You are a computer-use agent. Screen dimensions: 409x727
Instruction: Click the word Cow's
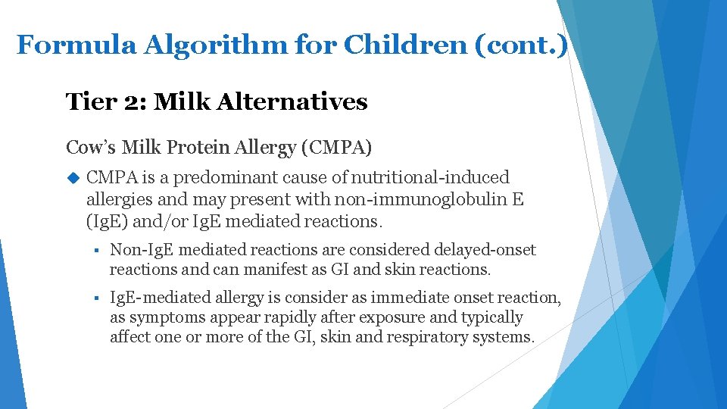[88, 147]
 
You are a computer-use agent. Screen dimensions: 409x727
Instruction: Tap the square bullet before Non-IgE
[97, 251]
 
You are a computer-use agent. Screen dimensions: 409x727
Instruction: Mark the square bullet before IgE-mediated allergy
[97, 299]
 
